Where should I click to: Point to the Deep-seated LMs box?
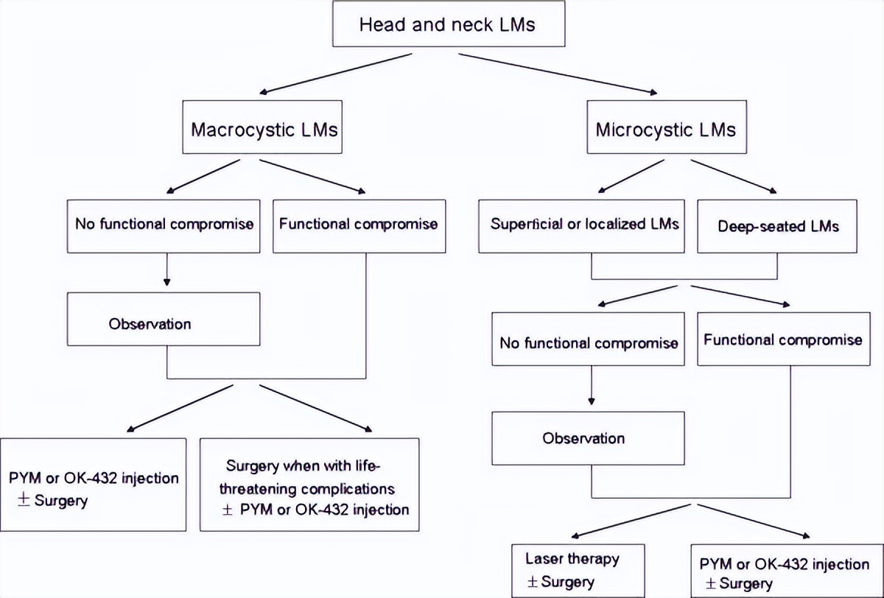[x=778, y=225]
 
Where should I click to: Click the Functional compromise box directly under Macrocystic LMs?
[x=358, y=223]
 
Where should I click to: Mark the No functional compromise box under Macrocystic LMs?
[x=164, y=223]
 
